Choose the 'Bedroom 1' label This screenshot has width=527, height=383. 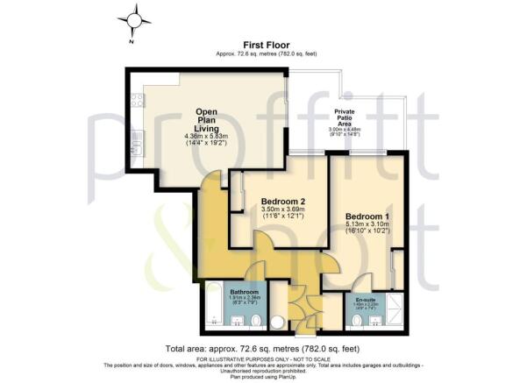point(366,216)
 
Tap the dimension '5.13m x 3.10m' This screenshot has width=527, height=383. point(366,225)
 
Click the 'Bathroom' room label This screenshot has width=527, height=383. point(244,292)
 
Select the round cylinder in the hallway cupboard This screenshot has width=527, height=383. point(280,320)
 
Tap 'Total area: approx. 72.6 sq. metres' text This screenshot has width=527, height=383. point(263,349)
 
